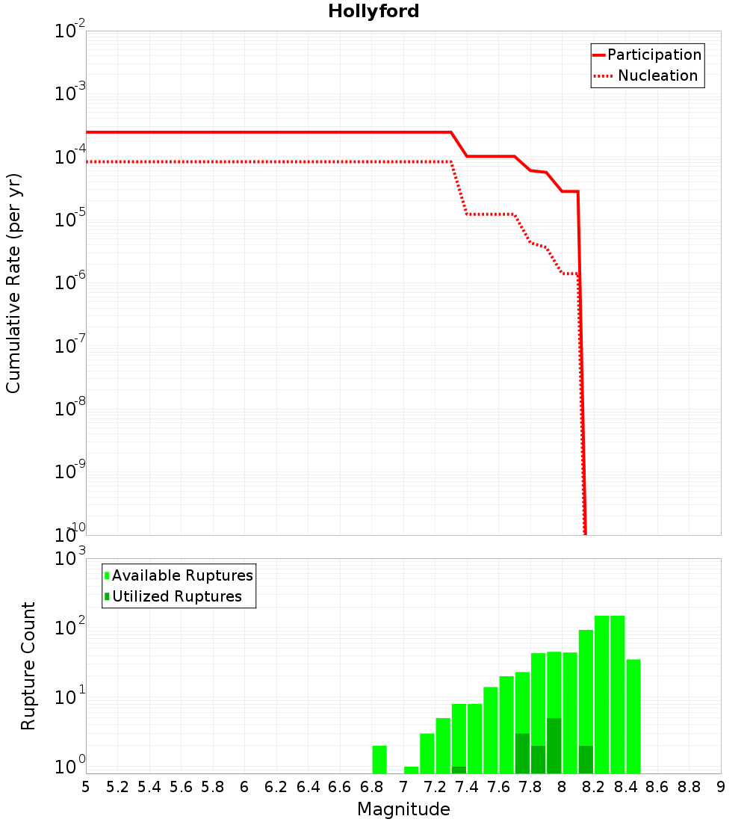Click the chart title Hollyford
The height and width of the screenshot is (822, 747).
point(373,11)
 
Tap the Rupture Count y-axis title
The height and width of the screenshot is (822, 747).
point(28,666)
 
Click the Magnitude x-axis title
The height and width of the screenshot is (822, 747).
point(403,809)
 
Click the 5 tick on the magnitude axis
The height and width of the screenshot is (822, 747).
point(86,787)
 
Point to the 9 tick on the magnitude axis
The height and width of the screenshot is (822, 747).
point(720,787)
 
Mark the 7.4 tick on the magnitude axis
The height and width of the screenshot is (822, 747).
point(467,787)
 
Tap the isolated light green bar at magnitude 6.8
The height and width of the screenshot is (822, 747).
point(379,759)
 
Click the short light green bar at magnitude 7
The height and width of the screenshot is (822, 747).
point(411,770)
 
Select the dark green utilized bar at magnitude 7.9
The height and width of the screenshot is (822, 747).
point(554,746)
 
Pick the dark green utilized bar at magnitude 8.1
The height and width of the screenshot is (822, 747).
point(586,759)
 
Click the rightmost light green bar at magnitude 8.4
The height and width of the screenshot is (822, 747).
point(633,716)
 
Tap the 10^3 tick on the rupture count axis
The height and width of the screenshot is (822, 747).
point(71,558)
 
